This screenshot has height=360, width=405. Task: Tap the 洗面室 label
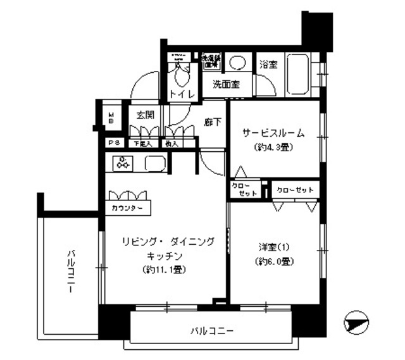point(225,85)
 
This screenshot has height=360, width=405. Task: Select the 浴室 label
point(268,64)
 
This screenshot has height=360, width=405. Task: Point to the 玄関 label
point(146,115)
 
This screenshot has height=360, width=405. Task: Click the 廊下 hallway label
point(213,123)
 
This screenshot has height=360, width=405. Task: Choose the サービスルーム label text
point(274,133)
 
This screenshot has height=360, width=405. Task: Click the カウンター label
point(127,209)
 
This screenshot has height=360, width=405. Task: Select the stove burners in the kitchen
point(123,163)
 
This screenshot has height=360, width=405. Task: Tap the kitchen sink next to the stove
point(156,164)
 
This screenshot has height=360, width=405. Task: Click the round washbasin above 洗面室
point(238,63)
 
